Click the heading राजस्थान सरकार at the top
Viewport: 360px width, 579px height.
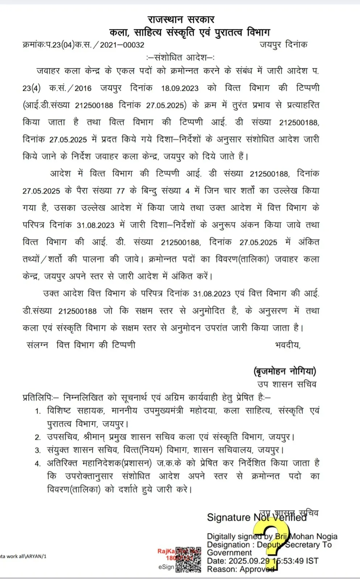181,19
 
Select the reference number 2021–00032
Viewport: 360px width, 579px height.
122,45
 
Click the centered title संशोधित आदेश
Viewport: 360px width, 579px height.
180,57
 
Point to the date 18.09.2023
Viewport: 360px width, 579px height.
180,88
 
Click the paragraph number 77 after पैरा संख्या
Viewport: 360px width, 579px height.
120,191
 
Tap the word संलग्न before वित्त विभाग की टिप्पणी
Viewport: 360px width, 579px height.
37,345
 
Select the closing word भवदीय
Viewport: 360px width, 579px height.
288,345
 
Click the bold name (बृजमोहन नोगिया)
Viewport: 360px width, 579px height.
285,371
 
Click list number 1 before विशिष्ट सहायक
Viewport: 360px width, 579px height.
38,411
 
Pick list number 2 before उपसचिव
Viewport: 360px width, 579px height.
38,437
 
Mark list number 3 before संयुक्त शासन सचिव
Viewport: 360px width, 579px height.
38,450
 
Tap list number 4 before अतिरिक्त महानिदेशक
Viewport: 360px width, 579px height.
38,463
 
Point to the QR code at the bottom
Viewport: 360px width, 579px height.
188,559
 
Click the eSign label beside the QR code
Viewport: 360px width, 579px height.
166,567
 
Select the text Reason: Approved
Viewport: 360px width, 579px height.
240,569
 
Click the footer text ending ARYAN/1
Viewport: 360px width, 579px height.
23,556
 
